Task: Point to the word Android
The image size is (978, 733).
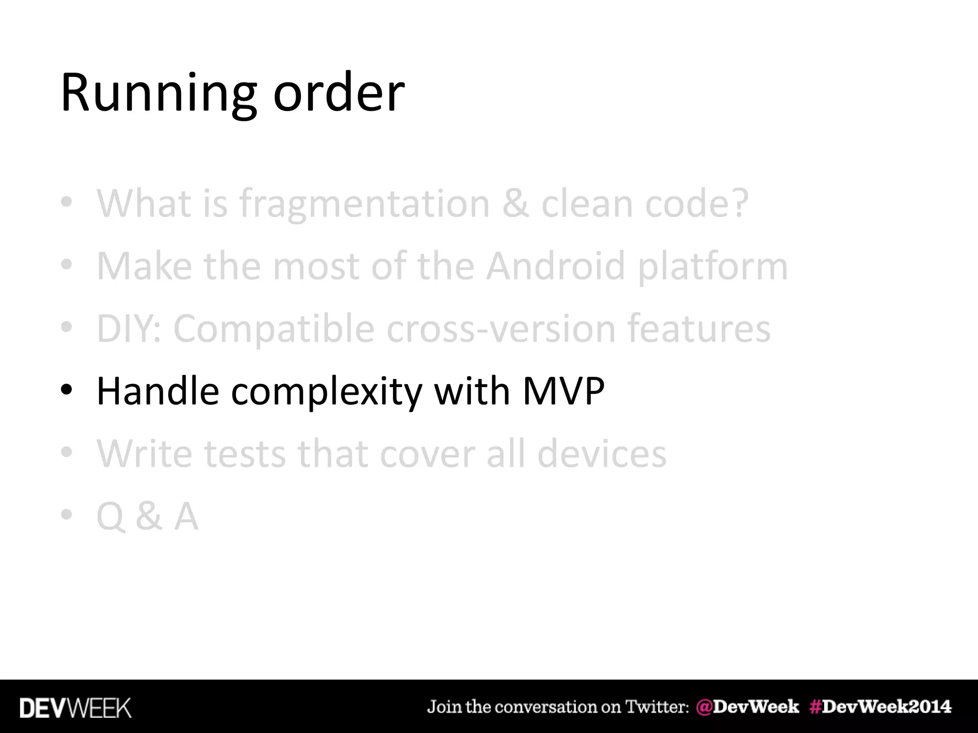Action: (555, 266)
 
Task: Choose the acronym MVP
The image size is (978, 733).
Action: (563, 391)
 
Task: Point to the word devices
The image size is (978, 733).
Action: (601, 453)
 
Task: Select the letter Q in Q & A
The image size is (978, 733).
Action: (110, 517)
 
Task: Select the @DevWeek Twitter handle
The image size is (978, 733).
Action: (747, 707)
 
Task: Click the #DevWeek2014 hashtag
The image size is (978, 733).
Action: (880, 707)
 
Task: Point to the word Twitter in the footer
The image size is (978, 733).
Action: (657, 707)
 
